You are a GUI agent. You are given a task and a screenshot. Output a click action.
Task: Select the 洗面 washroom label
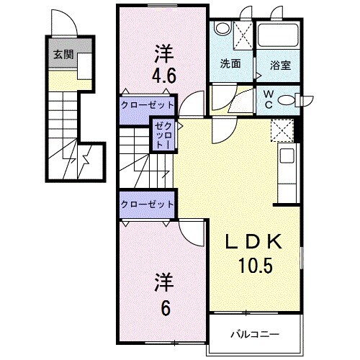(x=230, y=63)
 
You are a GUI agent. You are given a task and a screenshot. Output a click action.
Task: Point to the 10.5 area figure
(x=253, y=267)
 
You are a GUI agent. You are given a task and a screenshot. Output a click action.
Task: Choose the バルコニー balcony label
(x=251, y=334)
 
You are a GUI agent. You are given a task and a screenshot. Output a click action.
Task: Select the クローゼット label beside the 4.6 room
(x=148, y=105)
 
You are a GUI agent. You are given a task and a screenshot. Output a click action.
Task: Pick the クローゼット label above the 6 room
(x=148, y=204)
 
